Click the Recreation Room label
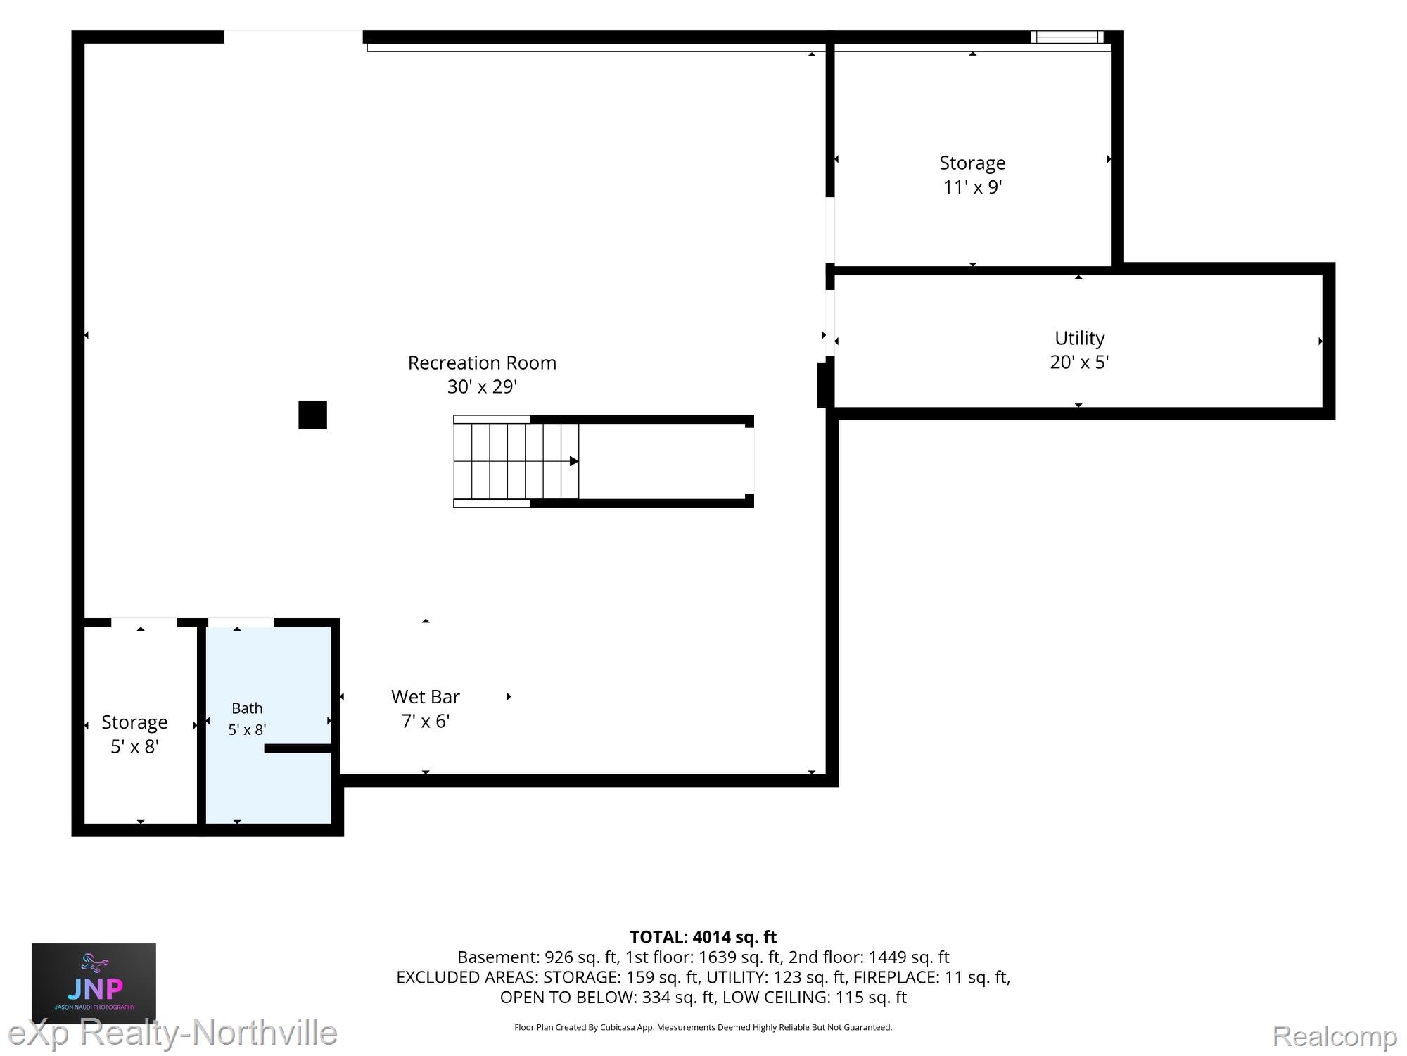(x=482, y=363)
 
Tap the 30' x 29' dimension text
(x=482, y=386)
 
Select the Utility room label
(x=1079, y=339)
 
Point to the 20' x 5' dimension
(x=1079, y=362)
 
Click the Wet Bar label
(x=425, y=697)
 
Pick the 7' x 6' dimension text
(x=425, y=721)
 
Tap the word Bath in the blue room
(x=247, y=708)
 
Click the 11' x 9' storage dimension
(x=972, y=187)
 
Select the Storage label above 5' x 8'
(x=134, y=722)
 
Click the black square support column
(x=312, y=415)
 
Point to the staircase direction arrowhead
(x=574, y=461)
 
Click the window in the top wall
(x=1067, y=37)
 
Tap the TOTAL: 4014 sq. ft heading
(x=703, y=937)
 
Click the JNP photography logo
(x=94, y=983)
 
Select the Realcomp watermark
(x=1335, y=1036)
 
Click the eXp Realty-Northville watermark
(x=172, y=1033)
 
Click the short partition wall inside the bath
(x=298, y=748)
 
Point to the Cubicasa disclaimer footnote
(x=703, y=1027)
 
